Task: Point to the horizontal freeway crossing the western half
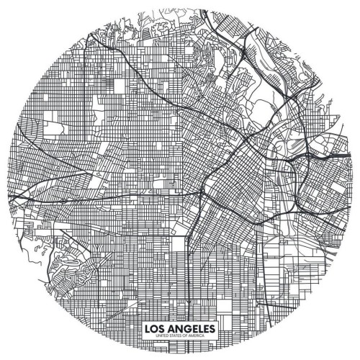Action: click(x=108, y=195)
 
